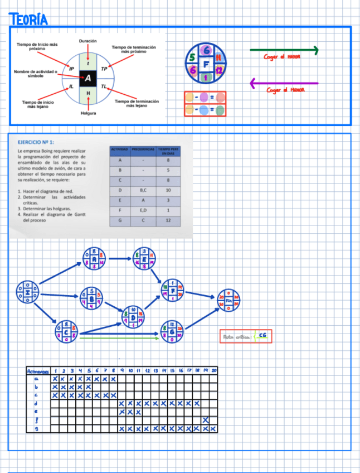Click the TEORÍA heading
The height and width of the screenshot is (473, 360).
(28, 20)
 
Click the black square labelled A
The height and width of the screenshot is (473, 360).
(88, 78)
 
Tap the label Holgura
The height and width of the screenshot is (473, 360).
(88, 113)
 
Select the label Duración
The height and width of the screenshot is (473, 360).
(87, 41)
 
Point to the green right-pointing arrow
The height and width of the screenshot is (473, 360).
(284, 51)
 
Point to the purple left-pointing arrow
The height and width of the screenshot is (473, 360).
(284, 84)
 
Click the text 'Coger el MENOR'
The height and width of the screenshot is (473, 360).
(285, 90)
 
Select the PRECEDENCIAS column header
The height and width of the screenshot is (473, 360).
(143, 149)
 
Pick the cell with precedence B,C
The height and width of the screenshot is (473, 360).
(143, 190)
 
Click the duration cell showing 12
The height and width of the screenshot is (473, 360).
(168, 220)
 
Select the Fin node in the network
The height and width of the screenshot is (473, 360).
(228, 300)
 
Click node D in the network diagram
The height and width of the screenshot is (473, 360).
(133, 316)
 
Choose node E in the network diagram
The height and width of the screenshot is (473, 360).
(145, 258)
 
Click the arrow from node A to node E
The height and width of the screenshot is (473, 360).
(120, 258)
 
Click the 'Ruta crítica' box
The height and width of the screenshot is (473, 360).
(246, 336)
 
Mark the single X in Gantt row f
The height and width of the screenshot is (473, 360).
(206, 420)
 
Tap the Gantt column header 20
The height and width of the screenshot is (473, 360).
(214, 371)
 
